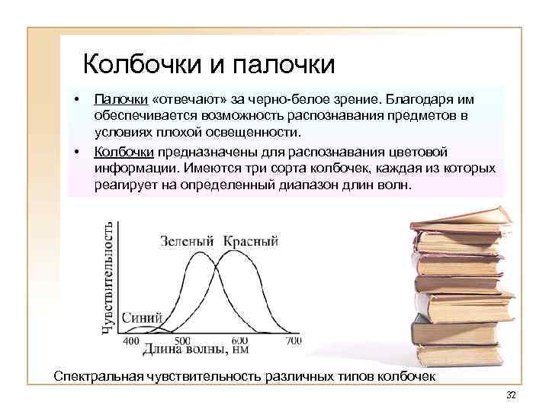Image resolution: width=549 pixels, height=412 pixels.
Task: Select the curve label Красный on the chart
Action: pyautogui.click(x=251, y=242)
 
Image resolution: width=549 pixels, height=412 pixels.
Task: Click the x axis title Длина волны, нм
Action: pyautogui.click(x=195, y=351)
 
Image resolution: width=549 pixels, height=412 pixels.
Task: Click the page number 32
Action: pyautogui.click(x=511, y=394)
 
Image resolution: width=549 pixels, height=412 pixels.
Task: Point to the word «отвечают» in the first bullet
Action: pyautogui.click(x=184, y=99)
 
